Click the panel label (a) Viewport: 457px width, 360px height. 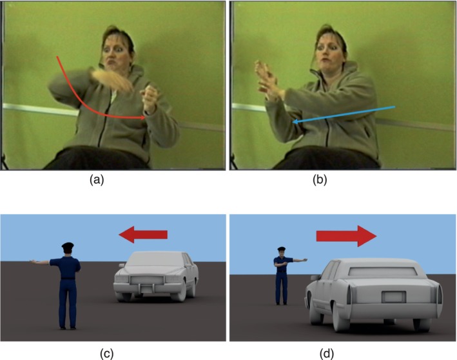coord(97,180)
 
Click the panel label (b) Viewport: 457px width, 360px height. coord(320,180)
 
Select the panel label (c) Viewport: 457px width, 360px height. coord(106,354)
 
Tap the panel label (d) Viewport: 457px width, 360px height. coord(327,354)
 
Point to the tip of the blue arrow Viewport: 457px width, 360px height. coord(293,122)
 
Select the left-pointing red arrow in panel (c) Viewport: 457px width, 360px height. coord(143,235)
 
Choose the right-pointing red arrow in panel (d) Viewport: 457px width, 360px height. coord(346,236)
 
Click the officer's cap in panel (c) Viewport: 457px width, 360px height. coord(68,246)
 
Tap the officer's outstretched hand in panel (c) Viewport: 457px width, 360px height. coord(33,261)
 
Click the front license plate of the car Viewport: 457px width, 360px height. coord(147,290)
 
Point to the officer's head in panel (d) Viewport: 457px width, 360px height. coord(281,252)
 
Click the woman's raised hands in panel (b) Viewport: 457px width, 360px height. coord(267,79)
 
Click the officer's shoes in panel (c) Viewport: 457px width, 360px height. coord(68,328)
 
